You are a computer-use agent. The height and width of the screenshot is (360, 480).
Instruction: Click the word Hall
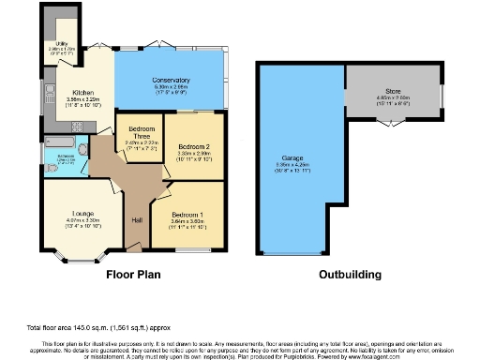tap(137, 219)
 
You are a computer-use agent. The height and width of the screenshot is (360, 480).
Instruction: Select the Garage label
tap(294, 157)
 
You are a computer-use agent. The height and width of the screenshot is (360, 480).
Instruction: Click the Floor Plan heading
tap(134, 276)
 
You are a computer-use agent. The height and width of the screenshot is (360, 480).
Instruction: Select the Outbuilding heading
tap(348, 276)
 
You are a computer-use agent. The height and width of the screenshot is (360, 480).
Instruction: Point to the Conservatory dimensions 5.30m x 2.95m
tap(171, 88)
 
